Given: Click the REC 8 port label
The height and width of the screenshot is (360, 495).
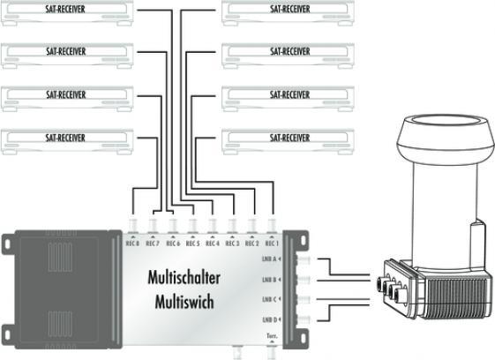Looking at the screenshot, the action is (132, 244).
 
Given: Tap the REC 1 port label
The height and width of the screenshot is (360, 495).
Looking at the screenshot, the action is (272, 244).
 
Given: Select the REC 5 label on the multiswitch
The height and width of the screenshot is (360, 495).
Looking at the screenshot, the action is (192, 244).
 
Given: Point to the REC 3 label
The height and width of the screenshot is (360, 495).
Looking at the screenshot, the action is (232, 244).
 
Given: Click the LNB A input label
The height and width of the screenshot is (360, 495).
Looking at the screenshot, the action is (269, 259).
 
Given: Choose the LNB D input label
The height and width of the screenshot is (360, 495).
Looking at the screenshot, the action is (270, 320).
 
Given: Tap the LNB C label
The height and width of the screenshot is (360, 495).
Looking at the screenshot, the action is (269, 299).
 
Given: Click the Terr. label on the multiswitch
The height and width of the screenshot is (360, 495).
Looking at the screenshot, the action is (272, 336).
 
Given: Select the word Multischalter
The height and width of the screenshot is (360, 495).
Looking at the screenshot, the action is (184, 278).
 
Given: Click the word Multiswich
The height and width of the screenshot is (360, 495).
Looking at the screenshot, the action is (184, 302).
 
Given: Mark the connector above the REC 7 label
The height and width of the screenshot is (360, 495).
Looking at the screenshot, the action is (153, 226).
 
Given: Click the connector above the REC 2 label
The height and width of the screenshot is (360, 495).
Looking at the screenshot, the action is (252, 226).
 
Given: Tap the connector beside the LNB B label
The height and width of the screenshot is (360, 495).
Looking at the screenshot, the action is (304, 280).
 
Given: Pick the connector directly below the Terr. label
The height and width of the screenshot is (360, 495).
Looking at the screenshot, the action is (272, 352).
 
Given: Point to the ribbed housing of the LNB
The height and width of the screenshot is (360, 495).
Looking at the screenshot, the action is (457, 296).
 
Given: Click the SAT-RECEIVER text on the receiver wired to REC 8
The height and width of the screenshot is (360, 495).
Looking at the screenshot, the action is (65, 138).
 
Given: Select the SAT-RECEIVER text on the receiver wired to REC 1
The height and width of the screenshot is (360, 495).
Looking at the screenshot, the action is (289, 138).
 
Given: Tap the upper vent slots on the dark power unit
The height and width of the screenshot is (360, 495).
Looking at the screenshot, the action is (60, 258).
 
